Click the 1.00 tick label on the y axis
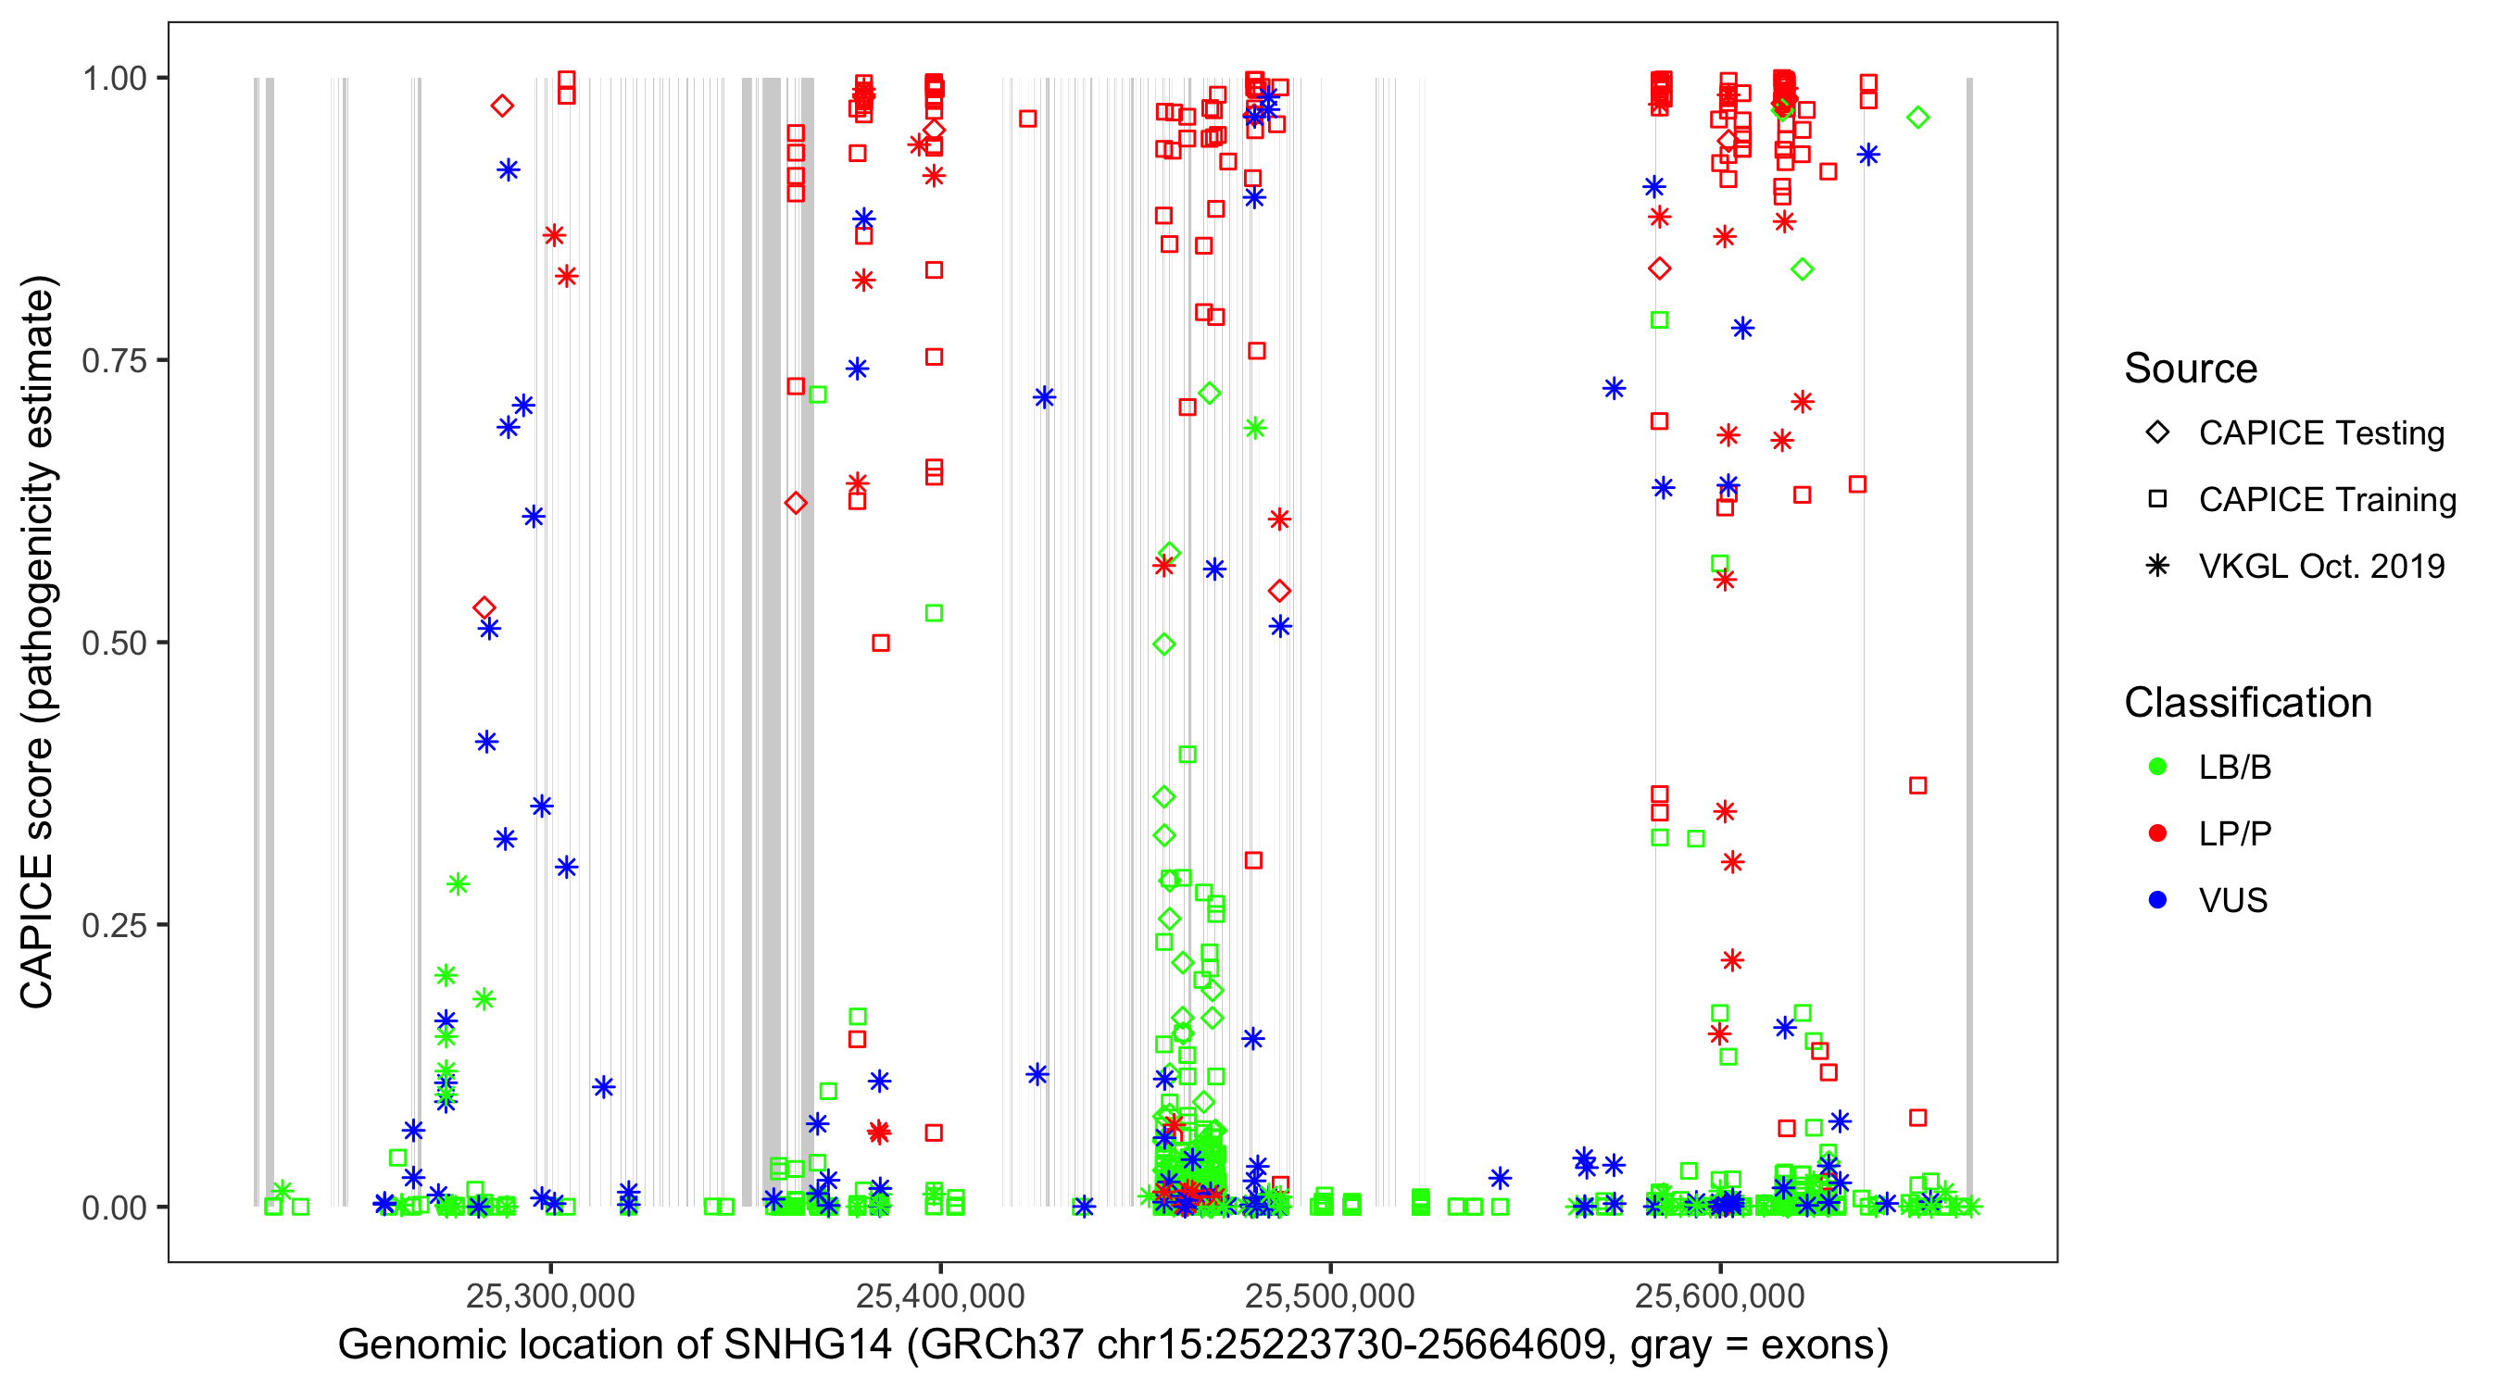[x=114, y=79]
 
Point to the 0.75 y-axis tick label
[x=114, y=361]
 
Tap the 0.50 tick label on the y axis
[x=114, y=644]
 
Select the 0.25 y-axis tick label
[x=114, y=925]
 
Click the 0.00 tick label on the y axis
[x=114, y=1208]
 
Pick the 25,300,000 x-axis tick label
[x=550, y=1295]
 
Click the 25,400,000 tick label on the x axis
[x=940, y=1295]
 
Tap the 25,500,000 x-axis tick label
[x=1330, y=1295]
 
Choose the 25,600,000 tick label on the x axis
[x=1719, y=1295]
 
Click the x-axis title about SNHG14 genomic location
[x=1112, y=1345]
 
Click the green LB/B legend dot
[x=2158, y=767]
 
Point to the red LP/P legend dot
[x=2158, y=833]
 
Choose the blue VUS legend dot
[x=2158, y=901]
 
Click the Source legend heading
[x=2191, y=369]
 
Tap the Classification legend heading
[x=2247, y=703]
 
